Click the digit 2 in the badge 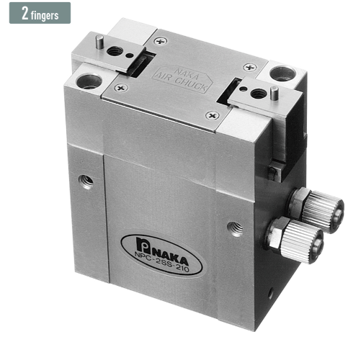pos(24,13)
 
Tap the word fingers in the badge pos(45,16)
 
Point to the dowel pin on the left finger pos(99,41)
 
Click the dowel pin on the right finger pos(274,92)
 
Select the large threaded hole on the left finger pos(115,51)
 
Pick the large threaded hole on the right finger pos(257,93)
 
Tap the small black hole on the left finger pos(130,55)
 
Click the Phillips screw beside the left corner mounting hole pos(121,88)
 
